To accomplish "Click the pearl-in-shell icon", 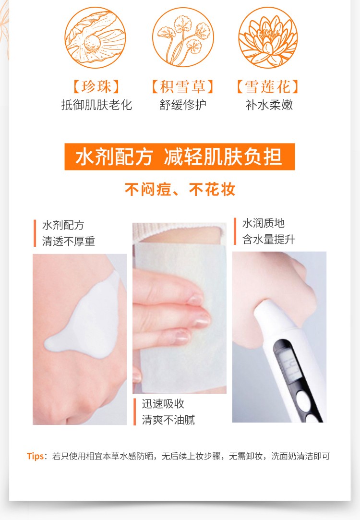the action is pos(95,38).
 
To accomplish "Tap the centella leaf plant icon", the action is pos(183,37).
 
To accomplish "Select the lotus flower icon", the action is pos(268,37).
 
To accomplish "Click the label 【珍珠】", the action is pos(96,86).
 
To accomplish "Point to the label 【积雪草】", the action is pos(183,86).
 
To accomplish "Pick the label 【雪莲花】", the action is pos(268,86).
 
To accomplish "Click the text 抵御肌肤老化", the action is pos(96,105).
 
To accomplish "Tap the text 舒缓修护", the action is pos(183,105).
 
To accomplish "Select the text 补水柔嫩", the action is pos(269,105).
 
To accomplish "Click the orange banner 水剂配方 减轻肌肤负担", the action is pos(180,157).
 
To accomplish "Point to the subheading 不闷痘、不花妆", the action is pos(180,189).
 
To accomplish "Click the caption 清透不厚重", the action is pos(69,241).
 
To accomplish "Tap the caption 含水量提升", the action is pos(269,239).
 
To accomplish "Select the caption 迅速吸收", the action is pos(163,404).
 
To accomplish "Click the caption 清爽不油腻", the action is pos(168,420).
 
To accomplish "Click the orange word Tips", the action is pos(35,456).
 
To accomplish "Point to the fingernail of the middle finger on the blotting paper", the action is pos(202,320).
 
